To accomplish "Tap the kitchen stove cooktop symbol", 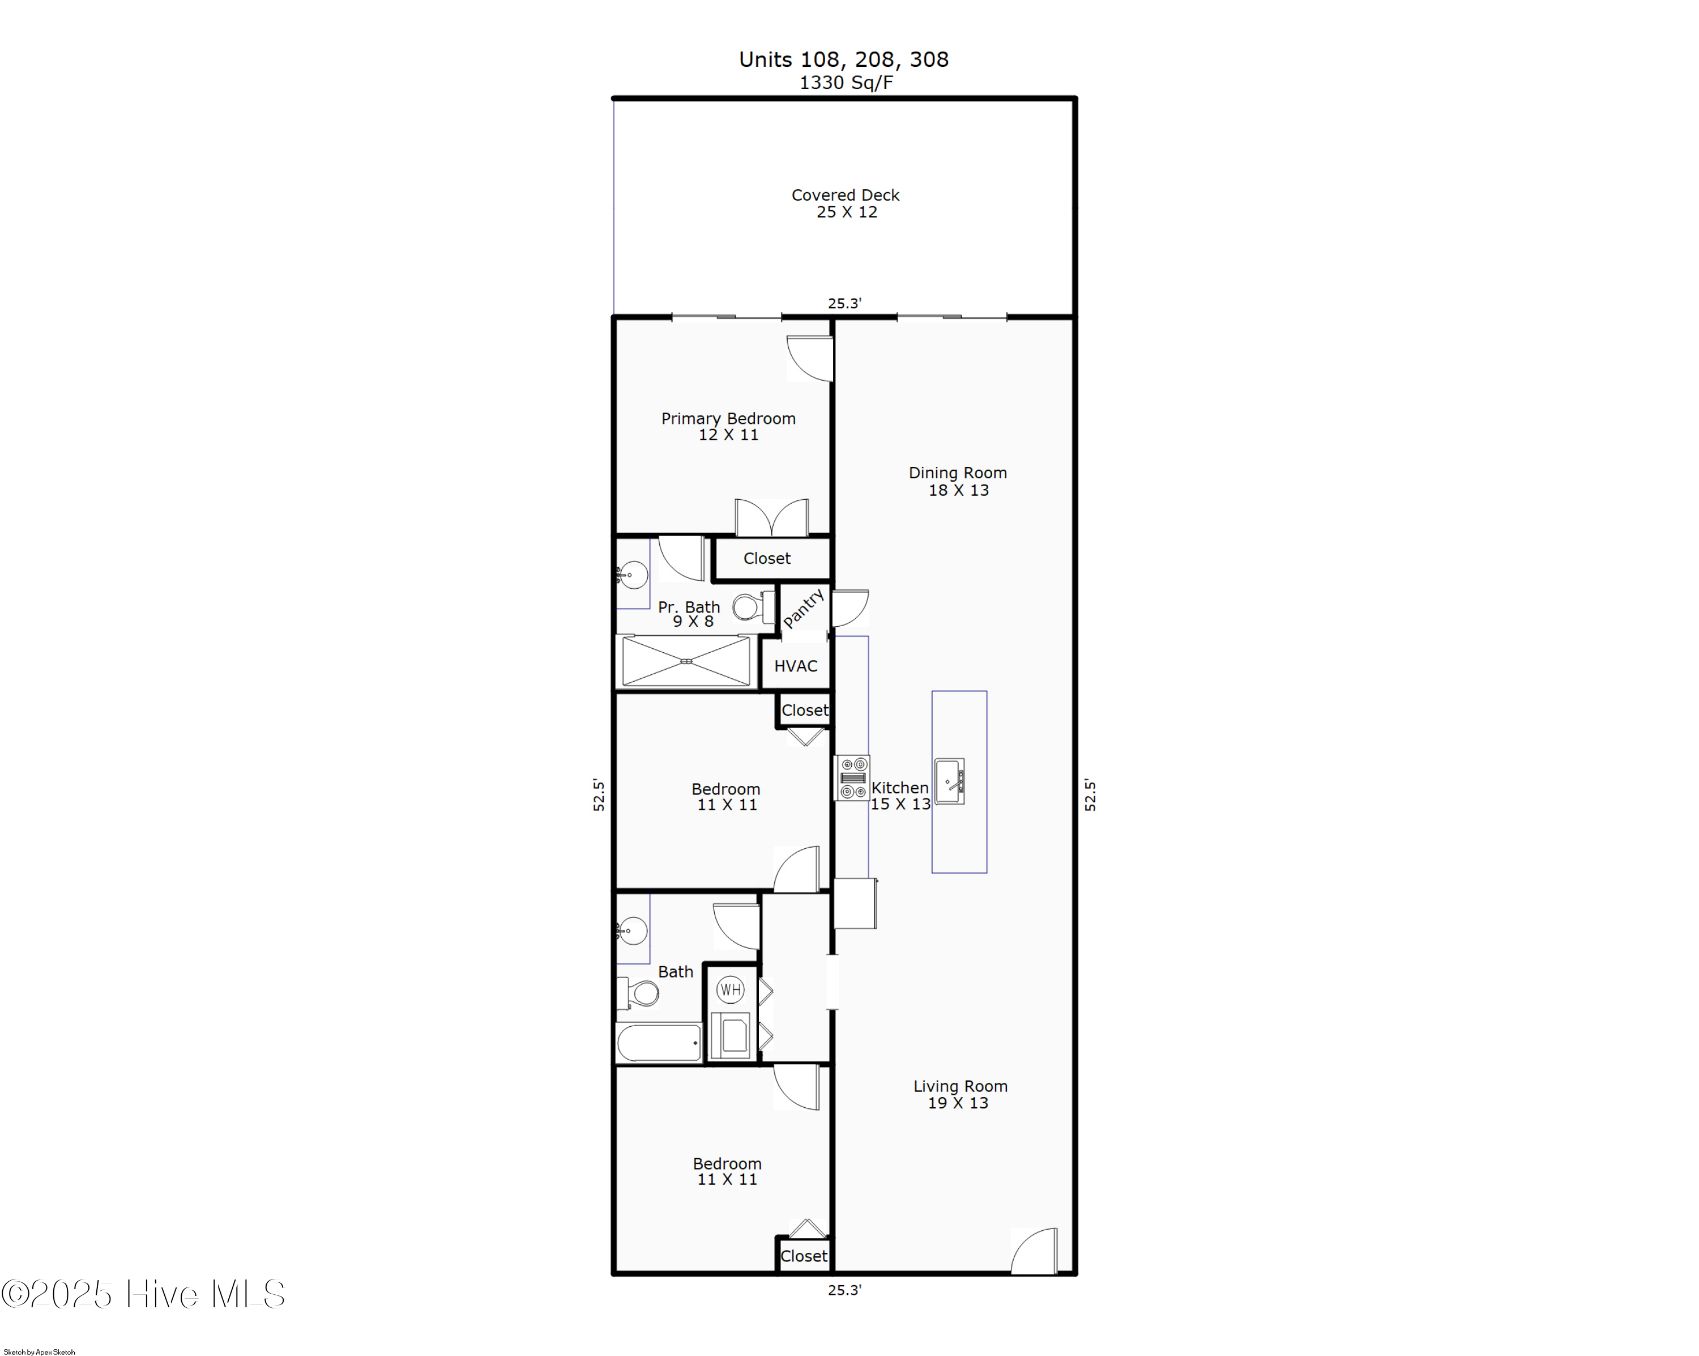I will pyautogui.click(x=852, y=777).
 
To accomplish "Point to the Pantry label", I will pyautogui.click(x=803, y=609).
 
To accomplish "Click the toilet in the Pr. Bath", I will pyautogui.click(x=750, y=607).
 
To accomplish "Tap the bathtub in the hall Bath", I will pyautogui.click(x=659, y=1043).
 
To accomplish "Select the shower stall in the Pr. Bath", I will pyautogui.click(x=686, y=661).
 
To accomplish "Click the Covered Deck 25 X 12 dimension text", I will pyautogui.click(x=846, y=212).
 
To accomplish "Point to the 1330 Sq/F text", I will pyautogui.click(x=846, y=83).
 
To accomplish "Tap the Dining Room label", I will pyautogui.click(x=958, y=473).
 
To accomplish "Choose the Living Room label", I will pyautogui.click(x=960, y=1086).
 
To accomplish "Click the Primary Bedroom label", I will pyautogui.click(x=728, y=419).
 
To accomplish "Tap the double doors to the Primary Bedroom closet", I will pyautogui.click(x=771, y=518).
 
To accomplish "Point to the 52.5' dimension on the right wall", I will pyautogui.click(x=1090, y=794).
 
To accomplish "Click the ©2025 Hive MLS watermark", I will pyautogui.click(x=143, y=1294).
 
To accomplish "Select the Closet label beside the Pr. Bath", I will pyautogui.click(x=766, y=558).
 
